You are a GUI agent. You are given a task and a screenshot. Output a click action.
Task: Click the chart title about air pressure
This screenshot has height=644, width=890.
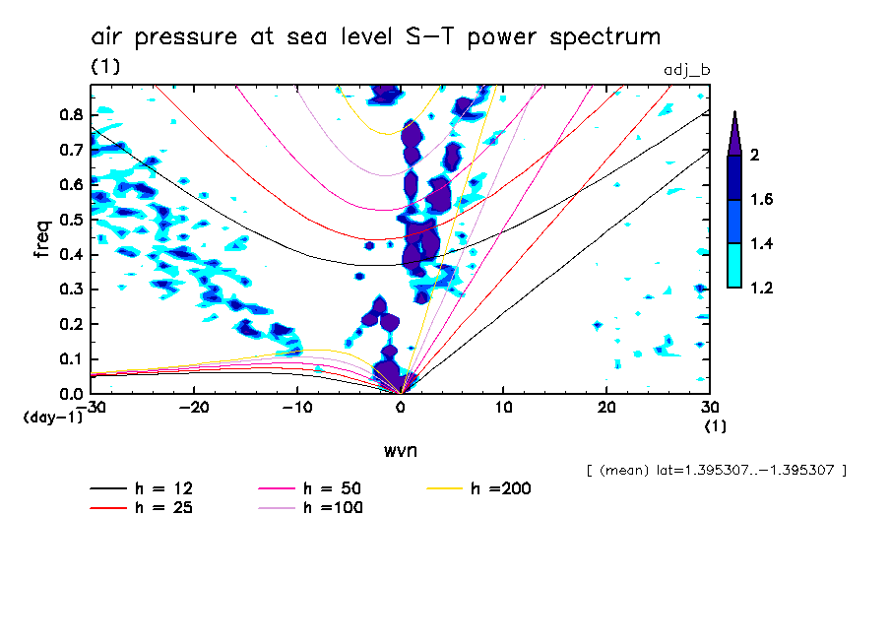tap(375, 37)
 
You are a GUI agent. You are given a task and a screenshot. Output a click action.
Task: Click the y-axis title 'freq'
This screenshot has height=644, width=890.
tap(41, 239)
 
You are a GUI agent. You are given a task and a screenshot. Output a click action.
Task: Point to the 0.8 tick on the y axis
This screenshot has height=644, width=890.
tap(70, 114)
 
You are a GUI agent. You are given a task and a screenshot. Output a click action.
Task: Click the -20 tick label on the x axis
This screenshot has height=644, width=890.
tap(194, 408)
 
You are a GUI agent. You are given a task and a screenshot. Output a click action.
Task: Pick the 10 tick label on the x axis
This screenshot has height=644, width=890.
tap(504, 408)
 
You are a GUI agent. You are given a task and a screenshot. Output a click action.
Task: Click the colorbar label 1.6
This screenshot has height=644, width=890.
tap(761, 200)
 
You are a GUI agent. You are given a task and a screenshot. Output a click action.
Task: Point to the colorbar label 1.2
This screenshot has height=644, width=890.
tap(761, 288)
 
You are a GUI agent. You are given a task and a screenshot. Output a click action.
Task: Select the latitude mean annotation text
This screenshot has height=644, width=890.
tap(715, 471)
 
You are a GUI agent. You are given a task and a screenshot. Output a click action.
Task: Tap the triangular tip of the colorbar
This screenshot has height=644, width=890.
tap(734, 133)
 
